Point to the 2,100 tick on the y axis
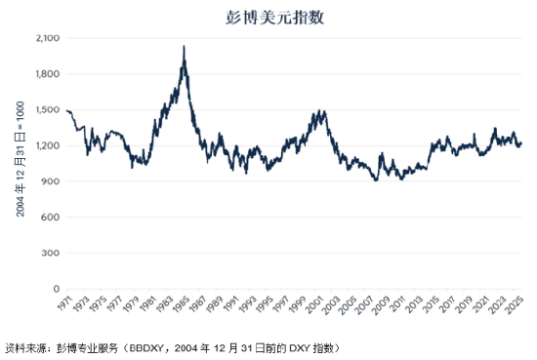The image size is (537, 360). [x=48, y=38]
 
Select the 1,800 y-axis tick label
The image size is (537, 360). [x=48, y=74]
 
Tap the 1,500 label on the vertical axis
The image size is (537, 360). [x=48, y=110]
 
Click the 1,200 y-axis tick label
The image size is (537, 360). [x=48, y=145]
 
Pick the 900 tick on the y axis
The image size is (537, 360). [x=51, y=181]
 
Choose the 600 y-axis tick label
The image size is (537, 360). [x=51, y=218]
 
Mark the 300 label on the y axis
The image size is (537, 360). [x=51, y=253]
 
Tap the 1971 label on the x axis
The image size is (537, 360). [x=64, y=305]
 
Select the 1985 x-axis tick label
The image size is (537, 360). [x=183, y=305]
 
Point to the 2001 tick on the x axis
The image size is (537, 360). [x=317, y=305]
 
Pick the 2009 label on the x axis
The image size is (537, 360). [x=385, y=305]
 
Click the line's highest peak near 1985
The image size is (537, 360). [x=185, y=46]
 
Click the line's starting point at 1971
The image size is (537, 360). [x=65, y=111]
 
